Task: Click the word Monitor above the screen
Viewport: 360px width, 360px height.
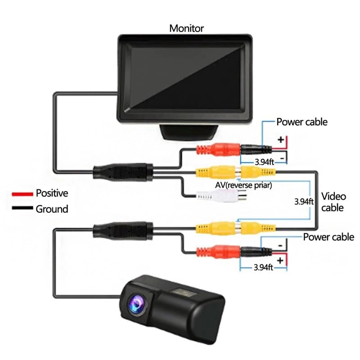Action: [x=186, y=28]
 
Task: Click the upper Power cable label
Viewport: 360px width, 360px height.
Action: [x=302, y=122]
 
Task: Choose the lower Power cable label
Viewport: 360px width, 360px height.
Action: [x=328, y=237]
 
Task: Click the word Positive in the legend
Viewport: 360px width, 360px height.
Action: [x=52, y=193]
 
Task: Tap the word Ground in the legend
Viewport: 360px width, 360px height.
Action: [x=52, y=209]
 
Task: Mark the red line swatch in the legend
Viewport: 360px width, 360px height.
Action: [x=22, y=194]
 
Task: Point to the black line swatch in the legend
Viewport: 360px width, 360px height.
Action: [x=22, y=208]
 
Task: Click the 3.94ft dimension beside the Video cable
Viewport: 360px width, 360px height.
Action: [x=303, y=201]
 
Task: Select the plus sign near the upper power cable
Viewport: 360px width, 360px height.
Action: [x=280, y=140]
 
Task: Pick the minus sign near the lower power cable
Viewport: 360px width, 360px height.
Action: [x=280, y=245]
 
